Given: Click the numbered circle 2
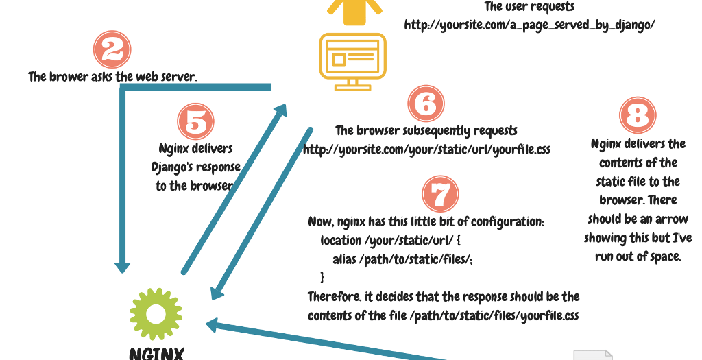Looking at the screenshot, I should pos(112,49).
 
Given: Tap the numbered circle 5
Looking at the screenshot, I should pos(196,121).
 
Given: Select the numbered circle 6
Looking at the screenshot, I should pos(426,104).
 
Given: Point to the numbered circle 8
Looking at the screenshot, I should pos(638,115).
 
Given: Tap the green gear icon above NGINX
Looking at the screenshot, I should pos(156,313).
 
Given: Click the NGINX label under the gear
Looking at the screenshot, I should pos(156,353).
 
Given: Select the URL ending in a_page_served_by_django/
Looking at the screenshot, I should pos(530,25).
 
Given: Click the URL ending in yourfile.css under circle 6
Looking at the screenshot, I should pos(426,149).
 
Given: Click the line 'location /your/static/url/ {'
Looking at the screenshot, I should pos(392,241).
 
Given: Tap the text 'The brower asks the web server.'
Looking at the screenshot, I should pos(112,77).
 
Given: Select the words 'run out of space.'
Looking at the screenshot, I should pos(638,256).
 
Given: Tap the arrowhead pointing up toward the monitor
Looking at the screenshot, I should pos(281,109).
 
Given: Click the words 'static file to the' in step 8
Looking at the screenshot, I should pos(638,182).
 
